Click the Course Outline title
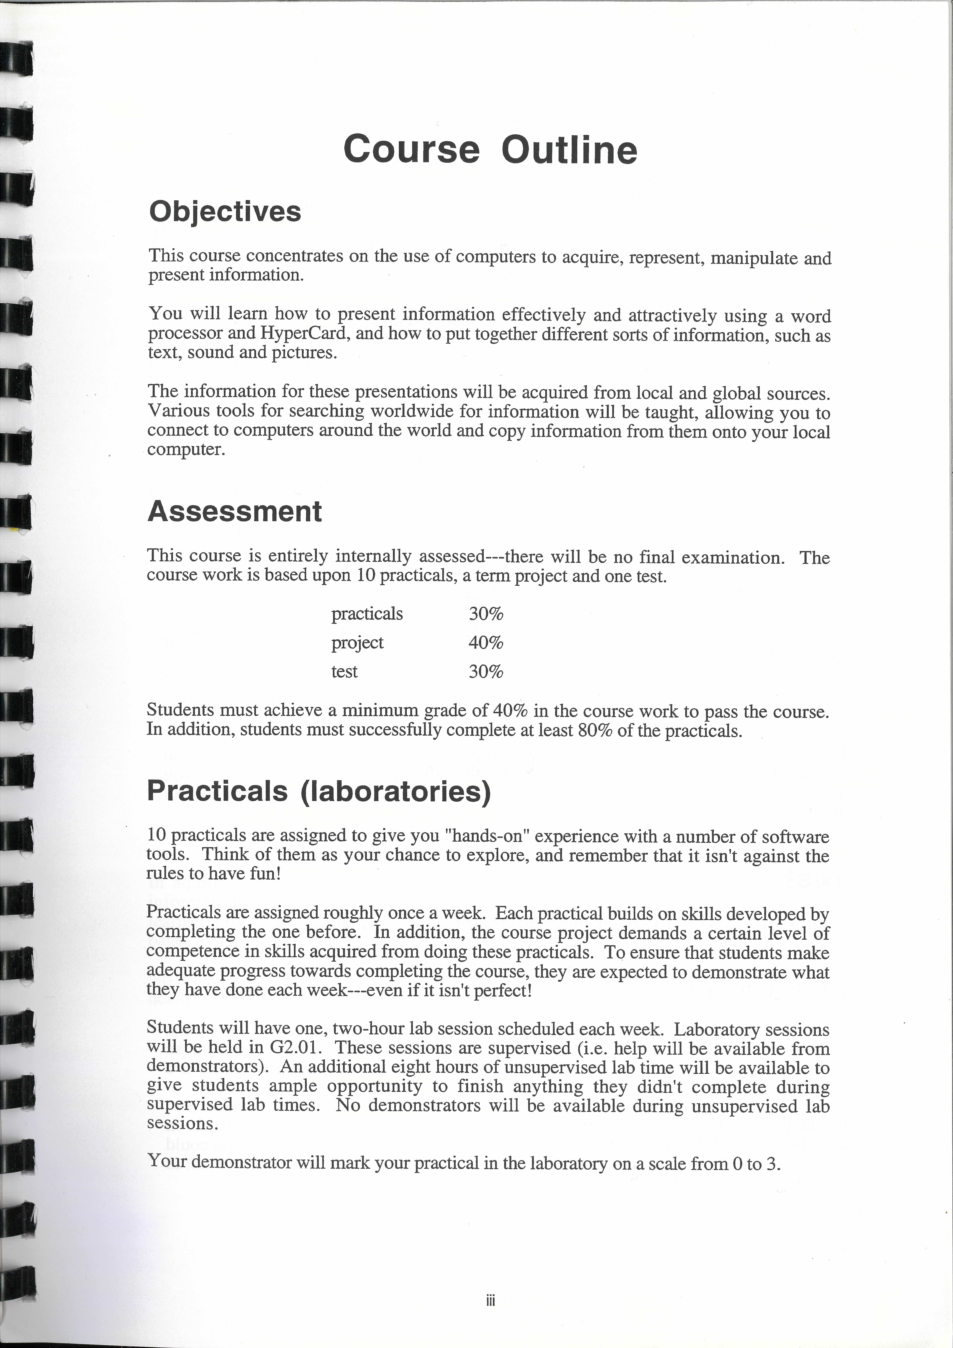pos(490,149)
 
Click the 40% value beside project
pos(486,642)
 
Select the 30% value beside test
pos(486,671)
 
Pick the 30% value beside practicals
pos(486,614)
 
